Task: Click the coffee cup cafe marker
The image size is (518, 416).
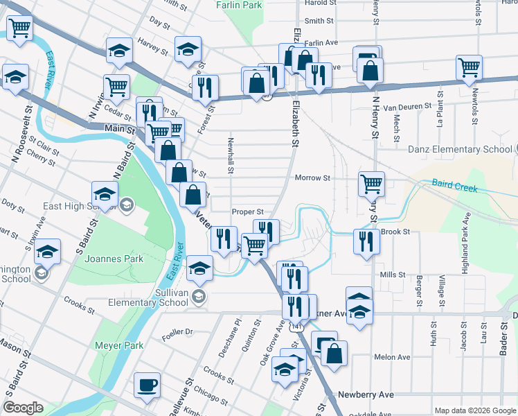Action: click(146, 385)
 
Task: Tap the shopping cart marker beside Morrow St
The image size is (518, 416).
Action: click(371, 184)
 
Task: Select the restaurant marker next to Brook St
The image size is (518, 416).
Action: click(366, 241)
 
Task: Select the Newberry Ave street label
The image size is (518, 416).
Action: click(366, 395)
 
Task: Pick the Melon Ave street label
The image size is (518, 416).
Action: click(392, 357)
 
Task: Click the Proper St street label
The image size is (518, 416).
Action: click(248, 211)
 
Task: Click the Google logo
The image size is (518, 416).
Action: click(24, 408)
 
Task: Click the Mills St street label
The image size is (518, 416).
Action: click(392, 275)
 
